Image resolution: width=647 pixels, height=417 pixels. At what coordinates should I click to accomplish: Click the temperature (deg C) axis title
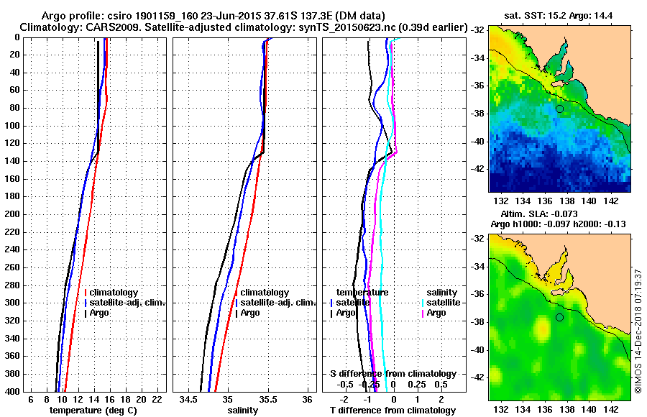pos(93,411)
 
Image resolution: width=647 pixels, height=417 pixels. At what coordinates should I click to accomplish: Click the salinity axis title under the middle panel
pos(242,411)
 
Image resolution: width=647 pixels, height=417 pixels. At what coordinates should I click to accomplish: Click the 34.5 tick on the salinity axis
pos(189,400)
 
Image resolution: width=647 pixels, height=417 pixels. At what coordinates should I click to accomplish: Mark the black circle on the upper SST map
pos(559,109)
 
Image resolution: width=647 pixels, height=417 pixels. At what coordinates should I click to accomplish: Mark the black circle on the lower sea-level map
pos(559,317)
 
